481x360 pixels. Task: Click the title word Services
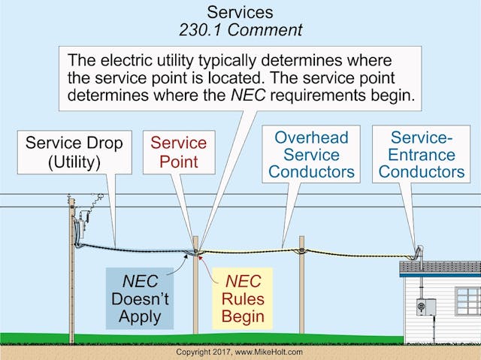240,12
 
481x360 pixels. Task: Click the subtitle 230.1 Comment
240,29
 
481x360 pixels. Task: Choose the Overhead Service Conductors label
311,154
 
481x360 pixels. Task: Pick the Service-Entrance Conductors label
421,154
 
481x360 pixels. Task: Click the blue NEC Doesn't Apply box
141,298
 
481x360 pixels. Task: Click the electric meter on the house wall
425,307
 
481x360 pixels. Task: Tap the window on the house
467,301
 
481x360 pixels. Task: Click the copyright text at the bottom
240,352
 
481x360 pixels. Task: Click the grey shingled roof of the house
440,267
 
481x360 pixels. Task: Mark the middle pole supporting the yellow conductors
301,286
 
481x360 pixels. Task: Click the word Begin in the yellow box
244,316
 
